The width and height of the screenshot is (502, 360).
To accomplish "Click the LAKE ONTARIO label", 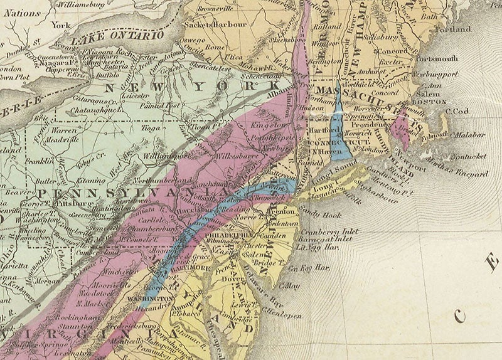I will pyautogui.click(x=117, y=38).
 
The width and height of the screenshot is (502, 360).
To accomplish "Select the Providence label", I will pyautogui.click(x=375, y=125).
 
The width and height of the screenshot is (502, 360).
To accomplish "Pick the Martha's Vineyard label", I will pyautogui.click(x=459, y=172).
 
